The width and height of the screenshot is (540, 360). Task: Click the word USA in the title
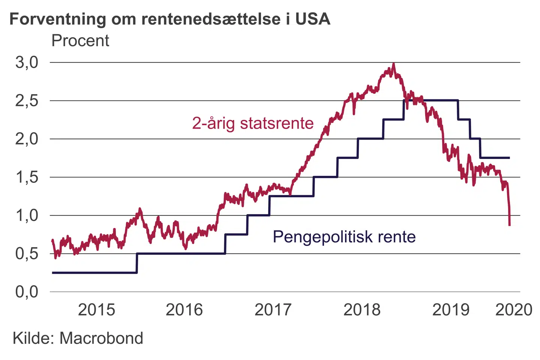click(313, 19)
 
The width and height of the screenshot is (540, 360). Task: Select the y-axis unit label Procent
click(80, 40)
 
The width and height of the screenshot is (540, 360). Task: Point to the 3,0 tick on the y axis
click(27, 62)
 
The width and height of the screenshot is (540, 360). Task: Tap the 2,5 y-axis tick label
click(27, 100)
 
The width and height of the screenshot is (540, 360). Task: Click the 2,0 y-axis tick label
click(27, 139)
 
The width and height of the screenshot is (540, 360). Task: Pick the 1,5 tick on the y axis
click(27, 177)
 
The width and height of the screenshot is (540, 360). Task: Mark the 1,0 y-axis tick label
click(27, 215)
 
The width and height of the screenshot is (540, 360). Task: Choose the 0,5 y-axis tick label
click(27, 253)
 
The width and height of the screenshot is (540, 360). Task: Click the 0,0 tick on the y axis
click(27, 292)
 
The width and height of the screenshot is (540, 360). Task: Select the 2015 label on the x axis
click(96, 310)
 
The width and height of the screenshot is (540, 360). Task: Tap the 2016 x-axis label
click(184, 310)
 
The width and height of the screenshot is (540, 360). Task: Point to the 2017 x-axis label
click(273, 310)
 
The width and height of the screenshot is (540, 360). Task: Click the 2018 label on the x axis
click(362, 310)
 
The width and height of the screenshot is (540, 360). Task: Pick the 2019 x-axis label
click(451, 310)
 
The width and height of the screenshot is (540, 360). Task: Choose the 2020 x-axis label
click(514, 310)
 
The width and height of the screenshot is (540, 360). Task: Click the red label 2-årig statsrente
click(253, 123)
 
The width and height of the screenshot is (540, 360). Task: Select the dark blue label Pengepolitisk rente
click(344, 237)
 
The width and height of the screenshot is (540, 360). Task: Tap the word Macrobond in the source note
click(101, 338)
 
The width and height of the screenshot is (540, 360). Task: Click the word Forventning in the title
click(58, 19)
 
